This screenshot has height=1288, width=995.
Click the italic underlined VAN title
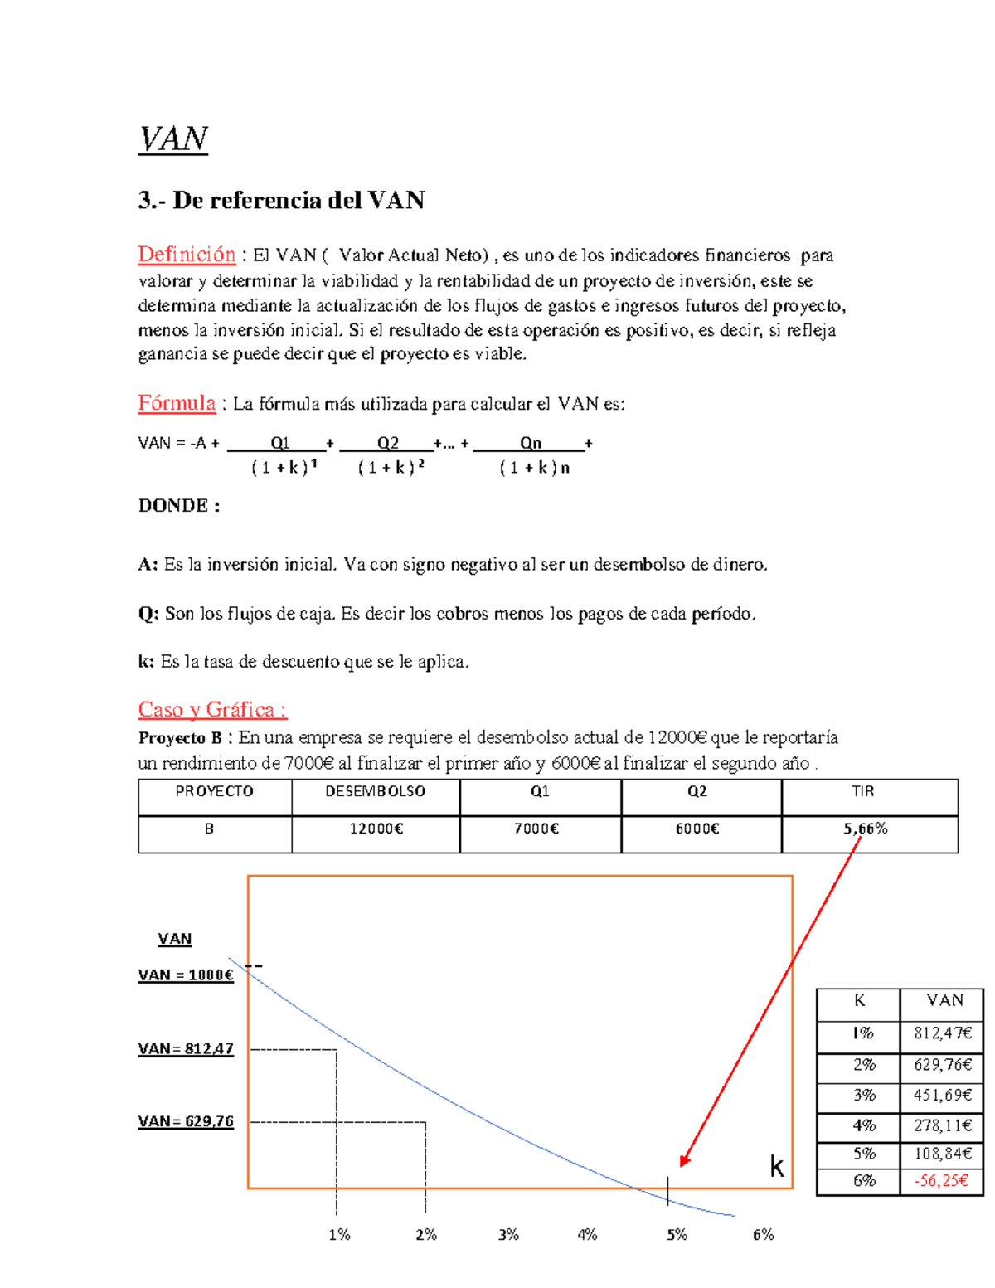click(x=173, y=139)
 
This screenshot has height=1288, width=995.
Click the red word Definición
click(x=187, y=255)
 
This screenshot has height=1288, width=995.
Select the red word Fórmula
click(x=177, y=403)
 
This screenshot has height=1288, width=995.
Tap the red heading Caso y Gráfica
click(x=212, y=710)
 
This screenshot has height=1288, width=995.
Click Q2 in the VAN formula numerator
click(x=387, y=443)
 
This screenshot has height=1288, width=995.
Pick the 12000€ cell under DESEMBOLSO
click(x=376, y=829)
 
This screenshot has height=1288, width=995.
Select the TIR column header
click(x=862, y=791)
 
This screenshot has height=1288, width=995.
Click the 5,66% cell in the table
click(x=865, y=829)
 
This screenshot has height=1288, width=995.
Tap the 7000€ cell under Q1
click(x=536, y=829)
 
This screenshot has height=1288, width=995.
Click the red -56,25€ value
click(x=943, y=1180)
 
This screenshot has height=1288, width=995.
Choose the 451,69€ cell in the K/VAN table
click(x=943, y=1095)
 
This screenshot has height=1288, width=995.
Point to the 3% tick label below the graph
click(x=508, y=1235)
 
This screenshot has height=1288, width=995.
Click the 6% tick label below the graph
click(x=763, y=1235)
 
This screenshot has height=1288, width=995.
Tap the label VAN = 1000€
click(x=186, y=975)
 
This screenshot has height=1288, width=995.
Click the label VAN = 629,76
click(x=186, y=1121)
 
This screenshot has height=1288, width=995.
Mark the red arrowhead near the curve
click(x=684, y=1160)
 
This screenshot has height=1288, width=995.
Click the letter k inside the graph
click(x=776, y=1167)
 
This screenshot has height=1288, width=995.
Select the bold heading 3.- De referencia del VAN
click(x=281, y=201)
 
